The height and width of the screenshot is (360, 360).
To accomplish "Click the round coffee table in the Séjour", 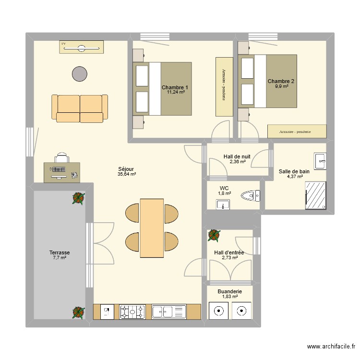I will tap(80, 73).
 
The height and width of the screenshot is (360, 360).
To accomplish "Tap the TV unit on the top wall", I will tap(82, 47).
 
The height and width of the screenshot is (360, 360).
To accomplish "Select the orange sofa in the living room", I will tap(80, 108).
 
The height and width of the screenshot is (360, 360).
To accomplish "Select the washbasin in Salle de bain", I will tap(320, 161).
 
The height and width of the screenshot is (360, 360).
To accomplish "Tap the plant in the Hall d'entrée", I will tap(214, 235).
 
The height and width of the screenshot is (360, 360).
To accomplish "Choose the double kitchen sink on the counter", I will tap(168, 312).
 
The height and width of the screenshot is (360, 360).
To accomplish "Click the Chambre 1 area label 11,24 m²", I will tap(176, 93).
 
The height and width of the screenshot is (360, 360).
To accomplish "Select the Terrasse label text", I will tap(60, 252).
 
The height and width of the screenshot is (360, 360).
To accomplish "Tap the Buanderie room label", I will tap(229, 291).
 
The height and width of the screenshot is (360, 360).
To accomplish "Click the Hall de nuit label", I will tap(237, 156).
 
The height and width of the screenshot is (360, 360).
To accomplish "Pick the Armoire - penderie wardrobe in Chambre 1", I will tap(224, 86).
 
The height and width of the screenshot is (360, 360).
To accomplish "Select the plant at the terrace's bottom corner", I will tap(78, 312).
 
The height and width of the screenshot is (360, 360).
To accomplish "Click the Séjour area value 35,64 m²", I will tap(127, 174).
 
